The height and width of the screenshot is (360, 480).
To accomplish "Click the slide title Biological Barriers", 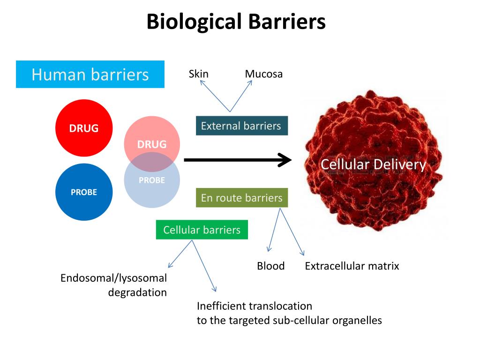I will point(236,22).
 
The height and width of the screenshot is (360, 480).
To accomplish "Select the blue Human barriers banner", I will point(90,74).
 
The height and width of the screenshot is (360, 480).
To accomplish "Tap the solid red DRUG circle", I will point(84,128).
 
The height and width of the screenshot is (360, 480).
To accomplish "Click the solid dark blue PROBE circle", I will point(84,192).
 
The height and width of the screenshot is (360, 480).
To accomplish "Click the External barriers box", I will point(241,126).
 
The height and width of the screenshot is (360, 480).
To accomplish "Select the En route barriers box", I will point(241,198).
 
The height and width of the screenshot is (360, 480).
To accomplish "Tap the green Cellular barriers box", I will point(202,230).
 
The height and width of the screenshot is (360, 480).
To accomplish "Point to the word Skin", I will point(198,74).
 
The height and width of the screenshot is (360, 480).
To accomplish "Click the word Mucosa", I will point(263,74).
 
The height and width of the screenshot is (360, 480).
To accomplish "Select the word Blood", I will point(270,266).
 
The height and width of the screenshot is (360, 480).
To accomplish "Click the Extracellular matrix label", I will point(352,266).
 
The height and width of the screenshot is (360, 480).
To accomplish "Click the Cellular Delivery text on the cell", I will point(373,165).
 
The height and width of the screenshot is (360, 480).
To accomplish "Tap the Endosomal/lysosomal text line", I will point(113,278).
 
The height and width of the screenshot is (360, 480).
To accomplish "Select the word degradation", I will point(137,292).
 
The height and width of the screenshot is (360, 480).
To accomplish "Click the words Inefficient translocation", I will point(254,306).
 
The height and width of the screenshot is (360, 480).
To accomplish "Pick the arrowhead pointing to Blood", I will point(269,250).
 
